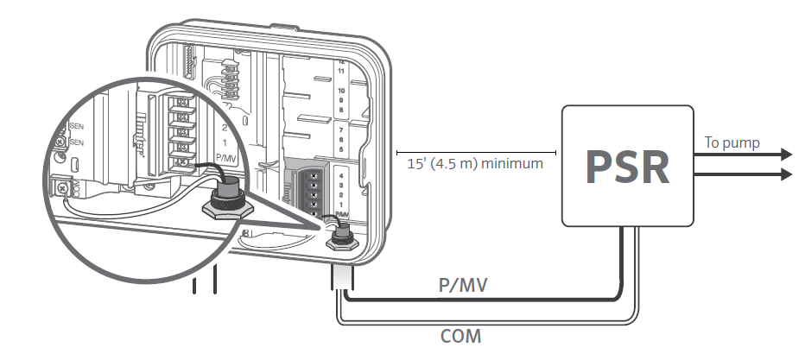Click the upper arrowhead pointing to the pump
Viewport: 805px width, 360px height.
[783, 155]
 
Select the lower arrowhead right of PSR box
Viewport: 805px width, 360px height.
[783, 174]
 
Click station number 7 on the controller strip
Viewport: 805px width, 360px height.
[341, 129]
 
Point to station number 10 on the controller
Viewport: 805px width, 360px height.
[341, 91]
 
